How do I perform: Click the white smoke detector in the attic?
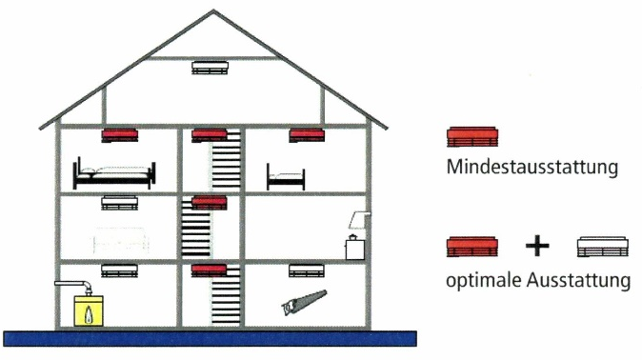pos(210,68)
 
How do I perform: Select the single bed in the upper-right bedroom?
pos(286,178)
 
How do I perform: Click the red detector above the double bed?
pos(120,135)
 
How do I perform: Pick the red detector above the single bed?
pos(307,135)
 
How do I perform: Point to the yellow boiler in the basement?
pos(89,310)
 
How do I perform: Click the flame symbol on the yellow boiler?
pos(89,313)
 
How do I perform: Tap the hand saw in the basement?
pos(304,302)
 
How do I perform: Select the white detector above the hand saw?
pos(307,270)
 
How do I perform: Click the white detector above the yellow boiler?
pos(120,270)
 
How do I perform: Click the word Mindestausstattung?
pos(532,167)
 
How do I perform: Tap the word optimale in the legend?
pos(484,281)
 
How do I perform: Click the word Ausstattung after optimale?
pos(578,281)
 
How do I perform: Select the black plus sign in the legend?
pos(537,246)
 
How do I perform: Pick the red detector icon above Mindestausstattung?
pos(472,137)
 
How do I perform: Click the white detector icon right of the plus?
pos(603,247)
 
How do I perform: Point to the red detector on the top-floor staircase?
pos(210,135)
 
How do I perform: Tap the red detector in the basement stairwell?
pos(210,270)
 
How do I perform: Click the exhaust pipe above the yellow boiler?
pos(73,286)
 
